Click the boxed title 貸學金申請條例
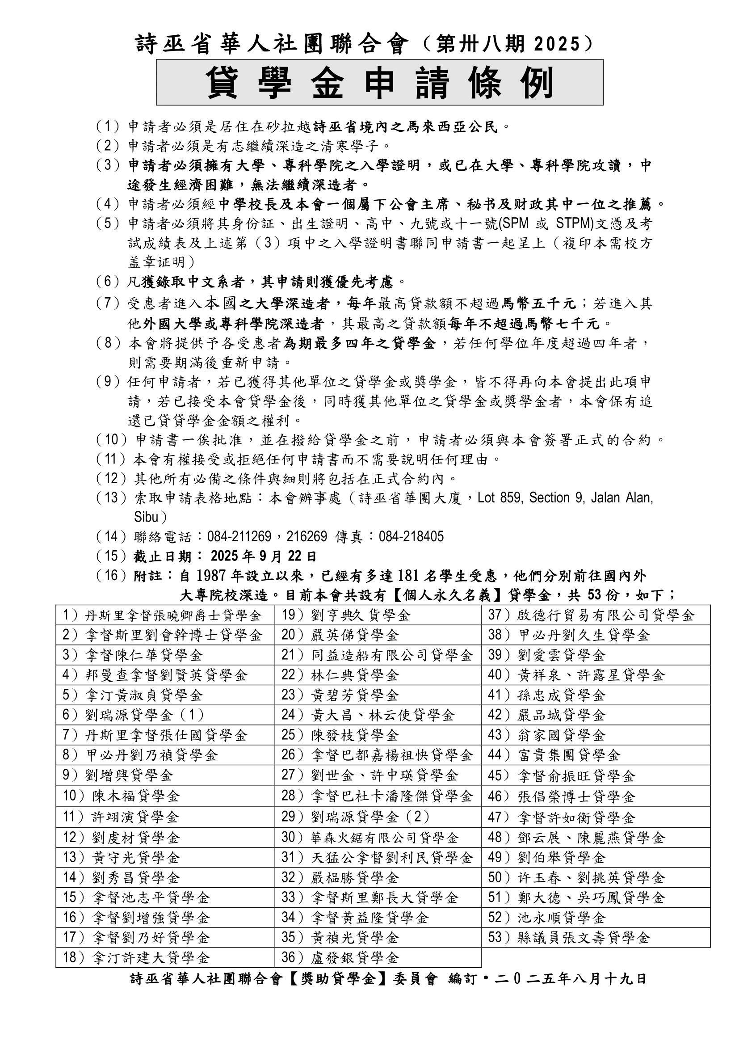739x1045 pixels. coord(379,82)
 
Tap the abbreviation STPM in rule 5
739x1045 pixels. coord(575,223)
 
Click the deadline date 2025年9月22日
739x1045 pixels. coord(264,556)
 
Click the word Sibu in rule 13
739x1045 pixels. coord(146,517)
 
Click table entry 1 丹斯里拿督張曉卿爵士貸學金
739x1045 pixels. coord(162,615)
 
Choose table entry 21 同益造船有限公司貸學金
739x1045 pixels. coord(377,655)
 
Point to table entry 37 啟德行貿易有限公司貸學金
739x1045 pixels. coord(591,615)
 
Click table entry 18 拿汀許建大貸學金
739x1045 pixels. coord(136,957)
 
